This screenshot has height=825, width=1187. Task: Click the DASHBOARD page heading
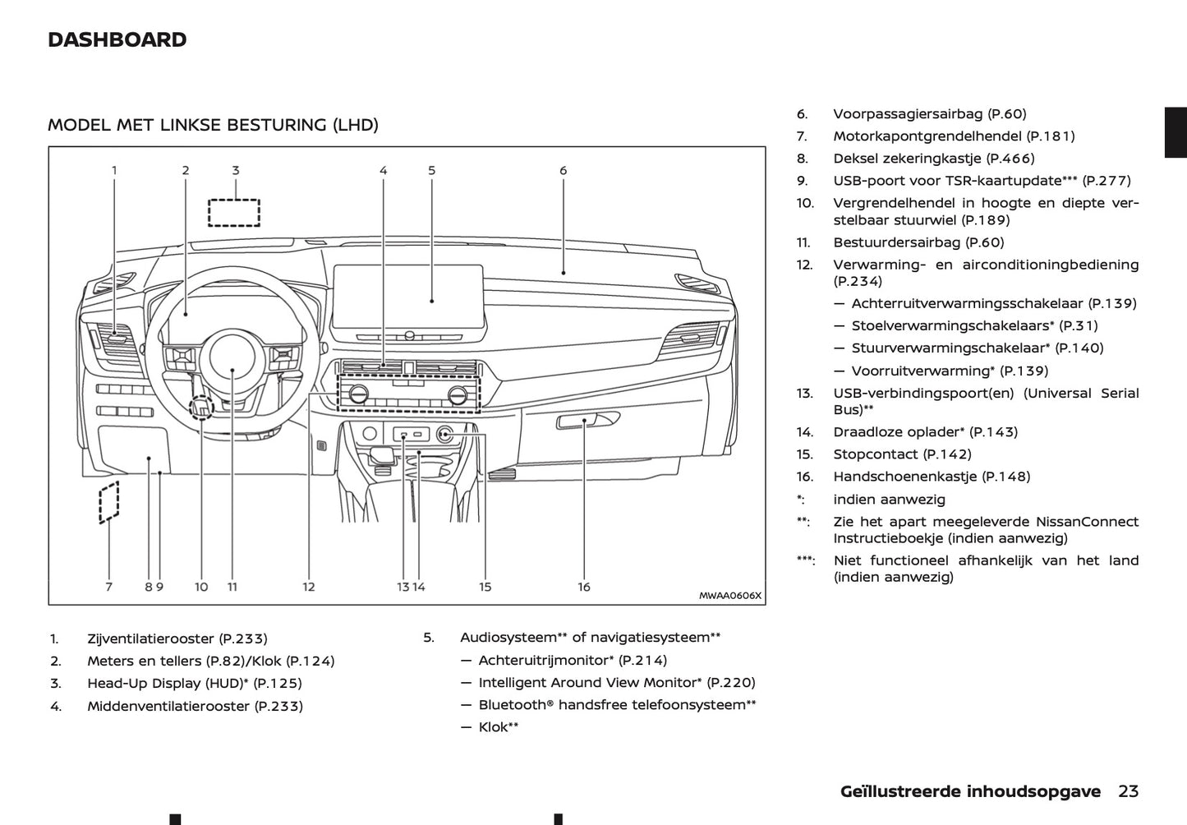[117, 39]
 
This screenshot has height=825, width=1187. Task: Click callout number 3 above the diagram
[235, 171]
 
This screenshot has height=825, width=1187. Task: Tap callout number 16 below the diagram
[584, 587]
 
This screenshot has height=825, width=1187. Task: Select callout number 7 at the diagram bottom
[108, 587]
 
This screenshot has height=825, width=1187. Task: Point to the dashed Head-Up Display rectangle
[234, 212]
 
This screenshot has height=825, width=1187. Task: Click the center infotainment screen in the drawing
[408, 296]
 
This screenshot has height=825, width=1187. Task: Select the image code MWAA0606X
[729, 596]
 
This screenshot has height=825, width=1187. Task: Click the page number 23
[1128, 791]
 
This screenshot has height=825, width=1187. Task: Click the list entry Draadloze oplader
[898, 432]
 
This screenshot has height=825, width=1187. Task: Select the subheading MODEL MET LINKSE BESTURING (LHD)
[213, 125]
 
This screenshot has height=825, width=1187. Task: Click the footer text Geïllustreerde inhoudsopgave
[970, 791]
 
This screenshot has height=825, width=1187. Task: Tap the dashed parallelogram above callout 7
[108, 502]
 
